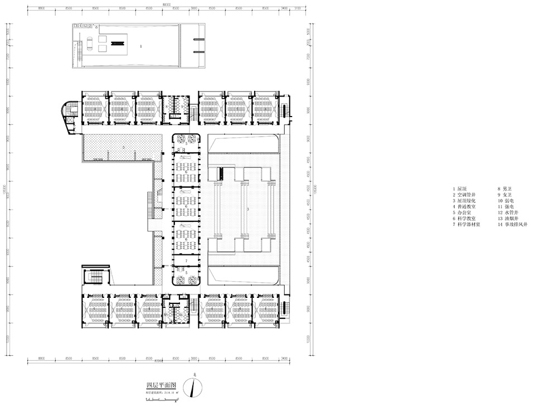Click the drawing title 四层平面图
162,385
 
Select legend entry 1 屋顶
460,189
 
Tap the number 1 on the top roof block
141,47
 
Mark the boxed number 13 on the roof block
75,26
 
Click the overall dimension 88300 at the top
166,4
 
